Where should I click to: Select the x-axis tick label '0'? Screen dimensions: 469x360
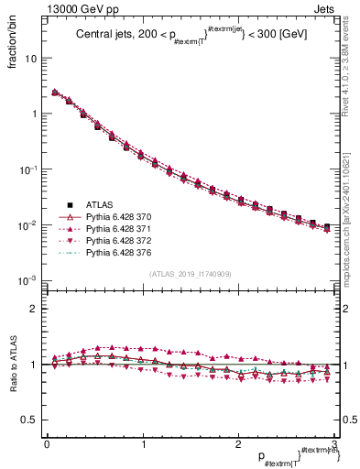click(47, 444)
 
